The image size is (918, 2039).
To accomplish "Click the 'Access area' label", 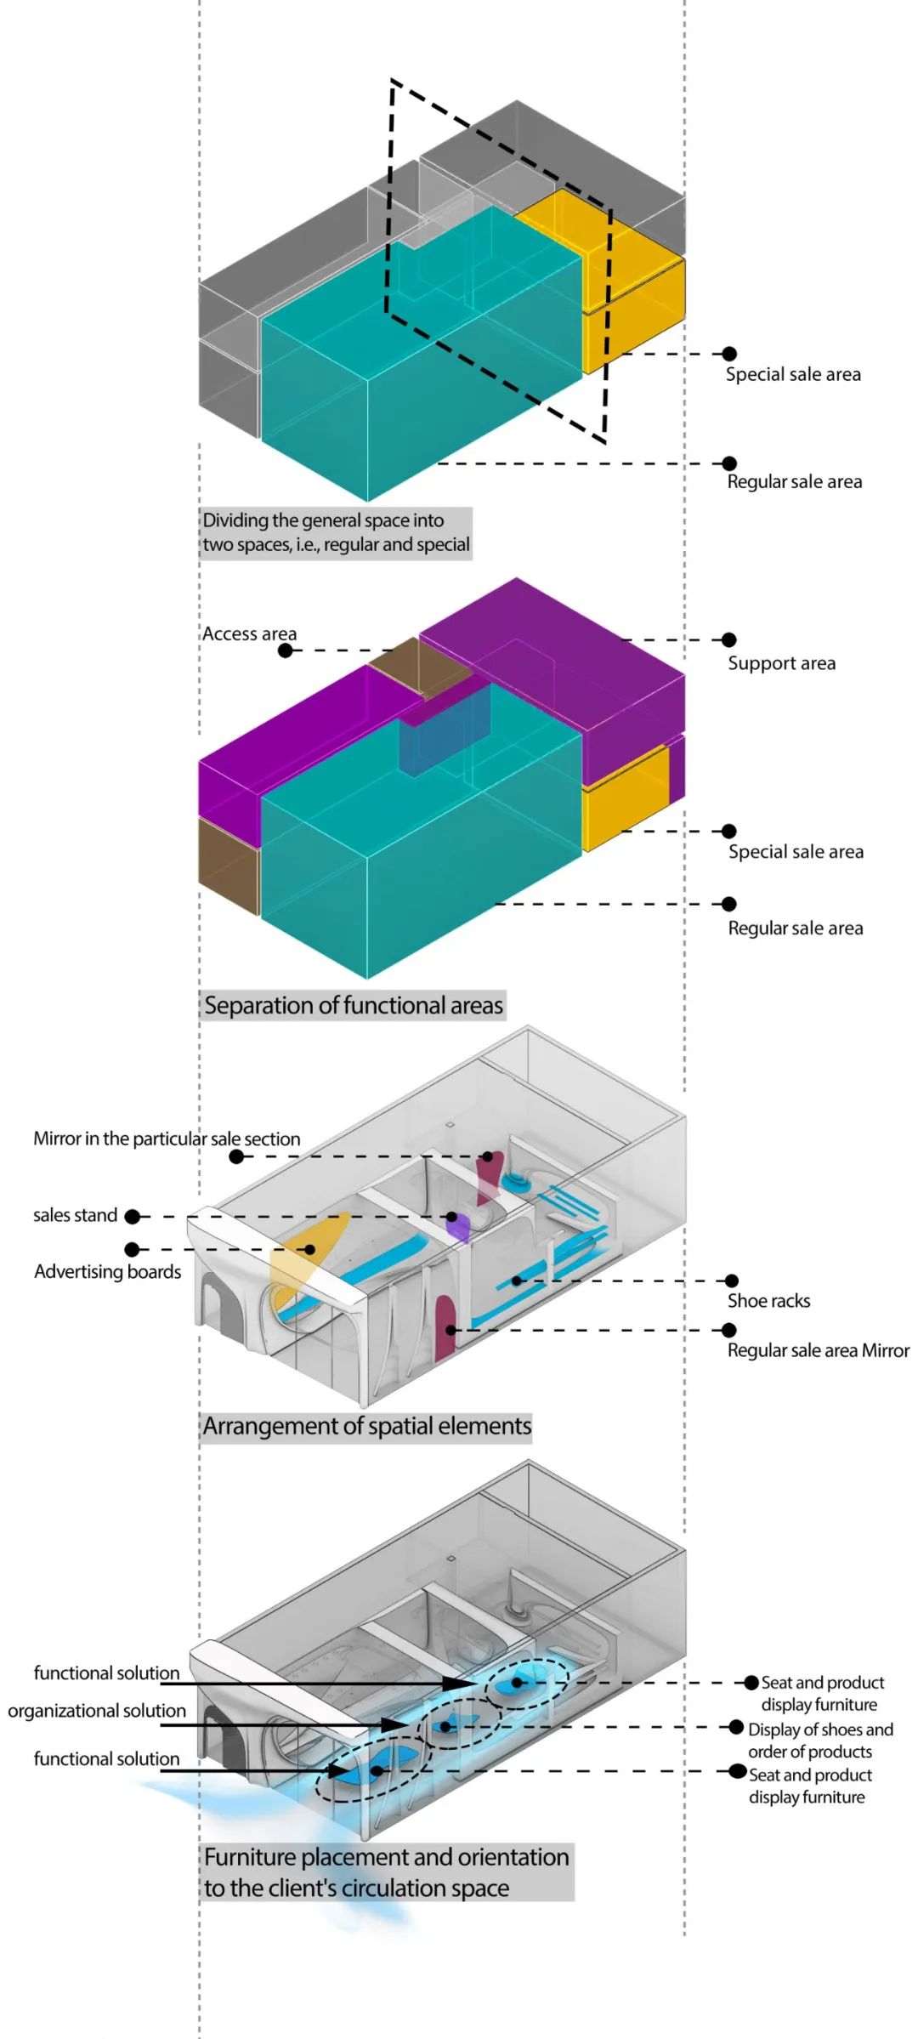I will pos(249,634).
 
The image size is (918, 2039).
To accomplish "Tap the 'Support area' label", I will pos(781,663).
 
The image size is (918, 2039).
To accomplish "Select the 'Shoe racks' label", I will pos(768,1301).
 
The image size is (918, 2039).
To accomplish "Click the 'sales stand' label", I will pos(75,1216).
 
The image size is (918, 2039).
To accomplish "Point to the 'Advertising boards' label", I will pos(107,1272).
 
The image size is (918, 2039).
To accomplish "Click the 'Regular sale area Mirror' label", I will pos(818,1350).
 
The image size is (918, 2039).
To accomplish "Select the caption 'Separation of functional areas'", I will pos(354,1006).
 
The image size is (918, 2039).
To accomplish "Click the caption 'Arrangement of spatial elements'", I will pos(367,1426).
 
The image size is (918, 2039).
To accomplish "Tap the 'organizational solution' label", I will pos(97,1711).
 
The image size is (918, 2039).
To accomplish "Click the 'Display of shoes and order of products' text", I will pos(820,1741).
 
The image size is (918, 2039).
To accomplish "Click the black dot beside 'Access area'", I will pos(286,650).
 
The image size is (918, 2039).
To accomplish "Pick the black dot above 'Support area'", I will pos(728,639).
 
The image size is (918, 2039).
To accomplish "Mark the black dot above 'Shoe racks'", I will pos(731,1281).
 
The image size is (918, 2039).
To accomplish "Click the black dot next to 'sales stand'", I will pos(132,1217).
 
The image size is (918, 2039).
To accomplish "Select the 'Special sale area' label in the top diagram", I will pos(792,375).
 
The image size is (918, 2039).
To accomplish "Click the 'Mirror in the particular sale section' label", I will pos(167,1139).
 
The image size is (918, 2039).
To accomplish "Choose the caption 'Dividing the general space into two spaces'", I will pos(336,533).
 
